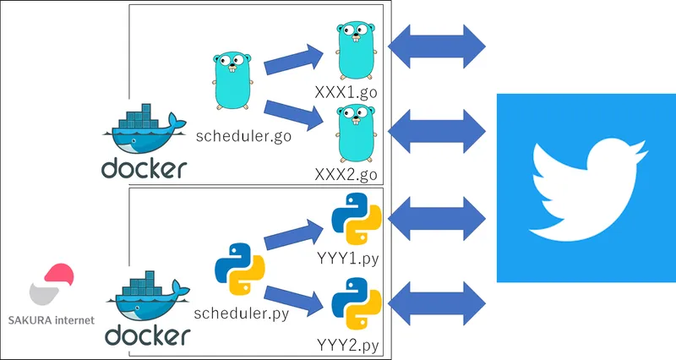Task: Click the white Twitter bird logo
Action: click(x=586, y=188)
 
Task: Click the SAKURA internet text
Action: click(x=51, y=319)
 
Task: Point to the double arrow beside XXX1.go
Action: click(x=436, y=42)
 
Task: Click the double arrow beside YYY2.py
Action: click(x=436, y=300)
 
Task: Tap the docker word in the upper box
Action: click(x=144, y=167)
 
